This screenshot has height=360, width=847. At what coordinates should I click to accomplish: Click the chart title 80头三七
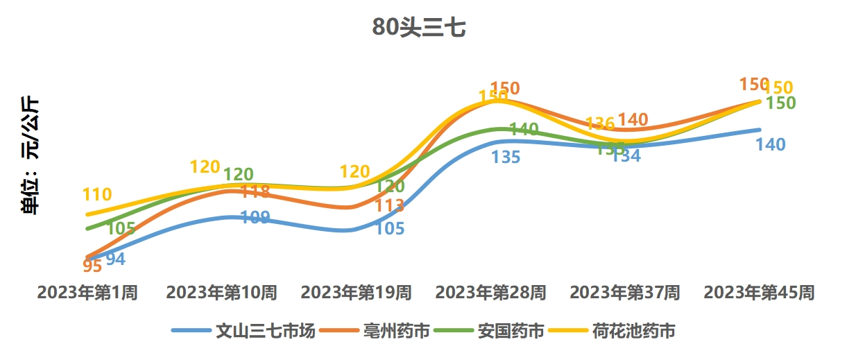click(418, 27)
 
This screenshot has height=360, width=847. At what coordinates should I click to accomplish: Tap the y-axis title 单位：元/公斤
click(31, 156)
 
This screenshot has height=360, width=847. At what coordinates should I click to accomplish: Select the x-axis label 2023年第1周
click(87, 293)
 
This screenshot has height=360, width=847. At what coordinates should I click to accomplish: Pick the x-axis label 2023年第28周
click(490, 293)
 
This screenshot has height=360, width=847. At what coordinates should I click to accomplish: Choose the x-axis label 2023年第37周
click(625, 293)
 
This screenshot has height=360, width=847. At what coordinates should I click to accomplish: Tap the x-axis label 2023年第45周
click(760, 293)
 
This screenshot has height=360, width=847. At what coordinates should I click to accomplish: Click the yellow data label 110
click(96, 195)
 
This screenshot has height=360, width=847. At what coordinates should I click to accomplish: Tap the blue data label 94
click(115, 259)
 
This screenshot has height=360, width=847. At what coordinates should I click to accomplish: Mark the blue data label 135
click(506, 157)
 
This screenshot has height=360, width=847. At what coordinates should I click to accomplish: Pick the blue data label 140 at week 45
click(771, 144)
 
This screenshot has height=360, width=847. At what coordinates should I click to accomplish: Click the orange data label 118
click(256, 191)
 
